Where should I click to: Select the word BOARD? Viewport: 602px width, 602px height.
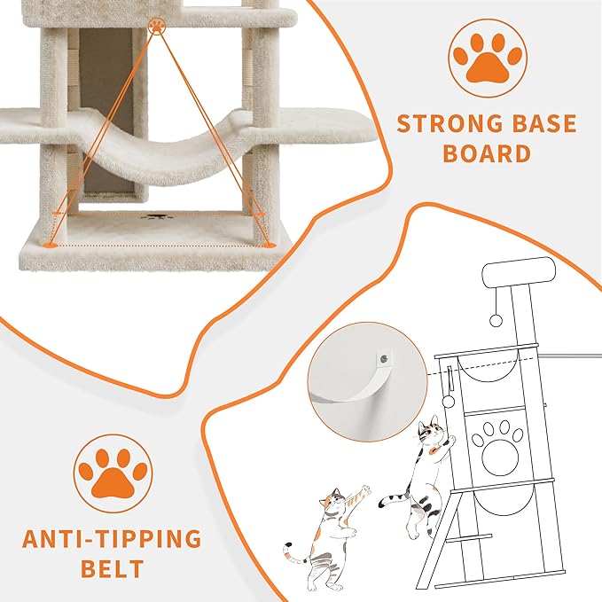tap(486, 153)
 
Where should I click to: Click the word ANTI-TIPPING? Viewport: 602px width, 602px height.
tap(112, 539)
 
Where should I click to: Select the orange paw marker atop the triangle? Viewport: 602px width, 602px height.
tap(158, 26)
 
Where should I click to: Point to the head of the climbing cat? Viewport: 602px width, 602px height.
tap(432, 434)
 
